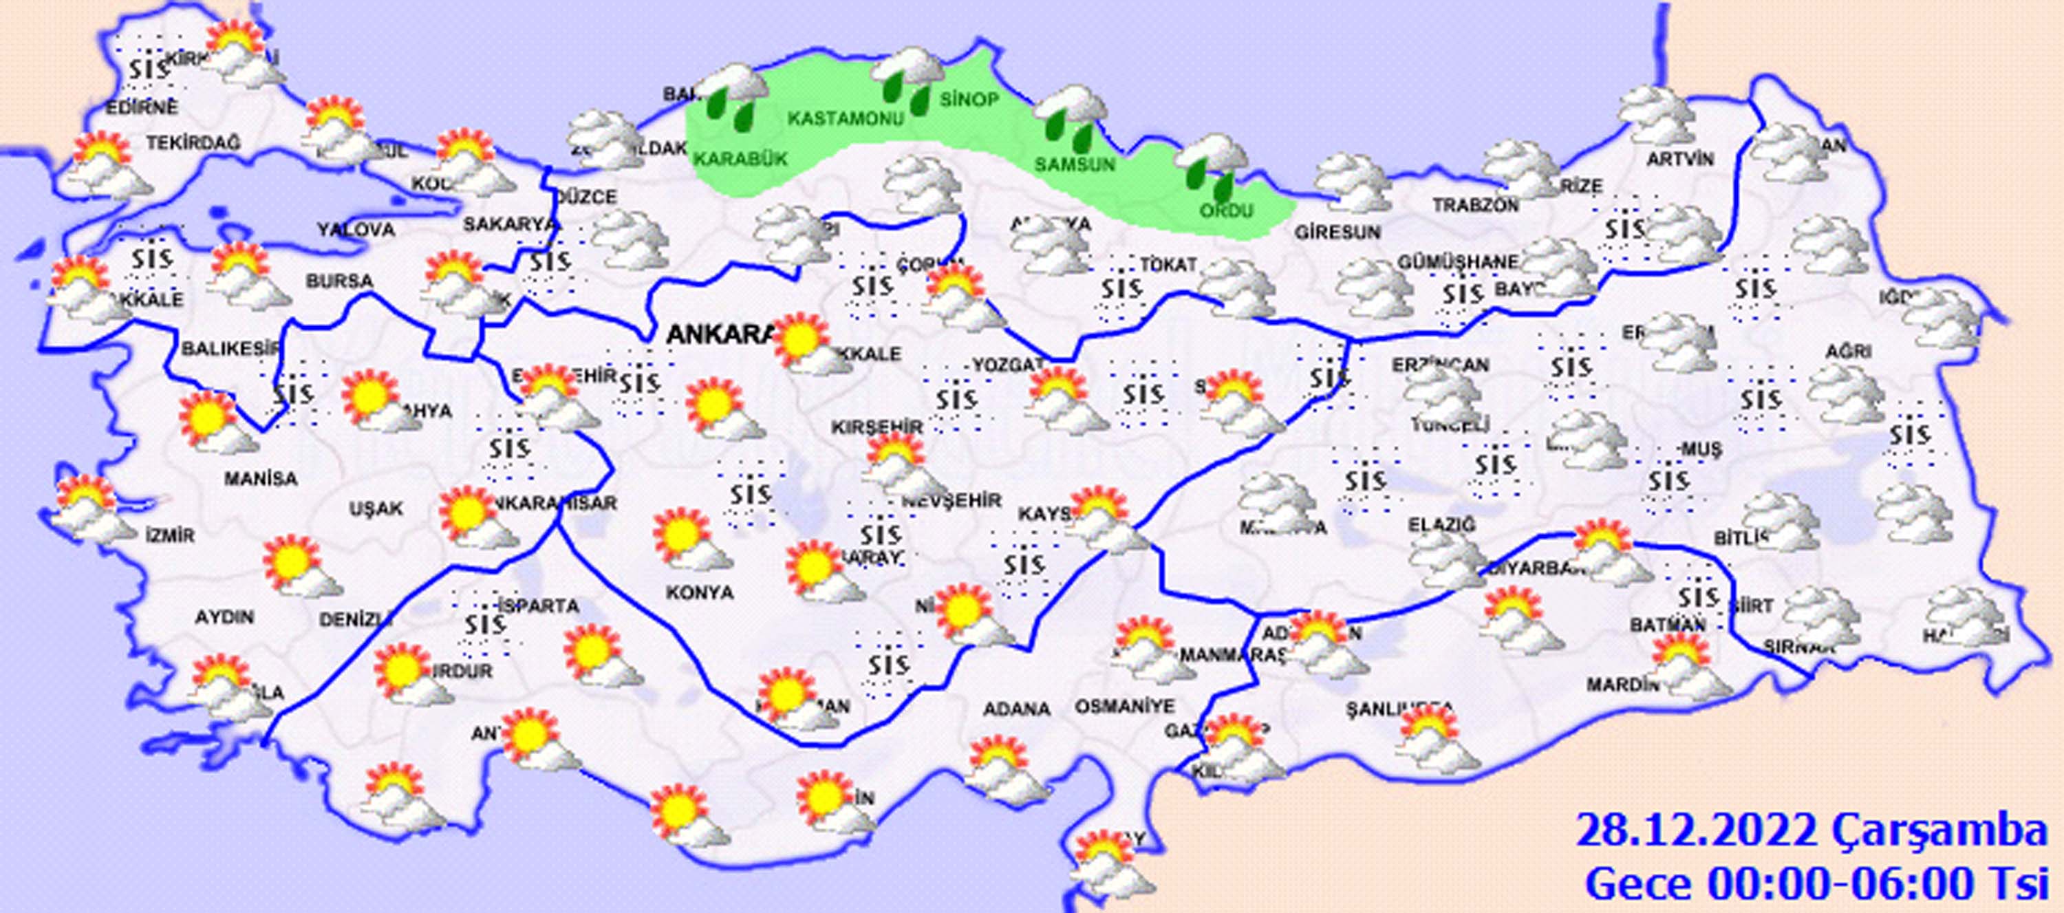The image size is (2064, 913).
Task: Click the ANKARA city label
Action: (x=719, y=334)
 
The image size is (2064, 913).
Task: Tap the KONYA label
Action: (x=700, y=592)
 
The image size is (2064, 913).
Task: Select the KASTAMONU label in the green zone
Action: (x=846, y=118)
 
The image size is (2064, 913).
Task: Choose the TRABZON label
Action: (x=1475, y=205)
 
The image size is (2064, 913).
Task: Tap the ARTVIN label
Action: (x=1680, y=160)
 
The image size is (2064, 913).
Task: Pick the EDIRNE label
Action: (x=143, y=107)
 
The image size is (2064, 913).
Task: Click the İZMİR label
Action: (x=170, y=535)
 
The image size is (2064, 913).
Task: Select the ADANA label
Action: (x=1017, y=709)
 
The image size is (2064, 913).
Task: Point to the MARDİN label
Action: (x=1622, y=685)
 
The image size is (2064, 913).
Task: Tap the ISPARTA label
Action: (x=537, y=606)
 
